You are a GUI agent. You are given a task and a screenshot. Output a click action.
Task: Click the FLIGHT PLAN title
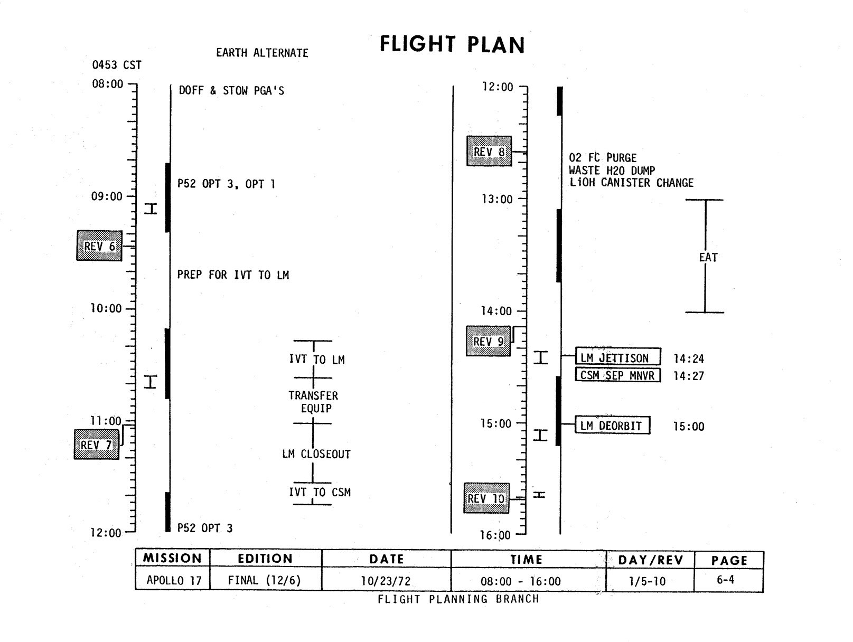pos(452,44)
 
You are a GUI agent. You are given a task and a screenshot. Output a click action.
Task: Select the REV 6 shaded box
pos(99,246)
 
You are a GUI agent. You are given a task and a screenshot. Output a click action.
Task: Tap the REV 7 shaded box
pos(96,445)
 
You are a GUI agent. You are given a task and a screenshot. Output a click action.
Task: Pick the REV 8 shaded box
pos(489,152)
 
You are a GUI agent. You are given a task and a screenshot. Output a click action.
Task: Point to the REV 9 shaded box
pos(489,341)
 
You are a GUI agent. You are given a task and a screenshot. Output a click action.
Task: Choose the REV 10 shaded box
pos(486,498)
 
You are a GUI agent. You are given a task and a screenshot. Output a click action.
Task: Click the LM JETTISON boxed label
pos(617,357)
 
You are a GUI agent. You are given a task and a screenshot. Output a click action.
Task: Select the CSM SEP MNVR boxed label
pos(617,375)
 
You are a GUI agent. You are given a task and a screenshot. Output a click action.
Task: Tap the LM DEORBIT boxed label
pos(612,426)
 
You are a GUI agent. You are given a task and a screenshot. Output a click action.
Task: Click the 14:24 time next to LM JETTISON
pos(689,359)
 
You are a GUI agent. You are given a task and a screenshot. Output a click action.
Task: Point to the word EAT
pos(708,258)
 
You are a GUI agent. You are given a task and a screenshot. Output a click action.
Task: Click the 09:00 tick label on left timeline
pos(107,196)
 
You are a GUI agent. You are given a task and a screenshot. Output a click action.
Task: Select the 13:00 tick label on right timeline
pos(497,199)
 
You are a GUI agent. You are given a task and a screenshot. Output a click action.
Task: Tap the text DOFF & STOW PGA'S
pos(231,91)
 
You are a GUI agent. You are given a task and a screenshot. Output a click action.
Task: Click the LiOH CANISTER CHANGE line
pos(631,183)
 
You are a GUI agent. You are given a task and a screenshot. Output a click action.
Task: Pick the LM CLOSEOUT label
pos(316,454)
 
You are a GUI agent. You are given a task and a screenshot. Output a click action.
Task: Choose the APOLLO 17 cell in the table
pos(174,580)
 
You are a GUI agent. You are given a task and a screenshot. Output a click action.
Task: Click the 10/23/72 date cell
pos(386,581)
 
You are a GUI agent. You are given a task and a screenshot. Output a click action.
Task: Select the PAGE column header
pos(729,560)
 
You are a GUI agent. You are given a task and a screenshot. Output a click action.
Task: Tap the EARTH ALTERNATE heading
pos(262,53)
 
